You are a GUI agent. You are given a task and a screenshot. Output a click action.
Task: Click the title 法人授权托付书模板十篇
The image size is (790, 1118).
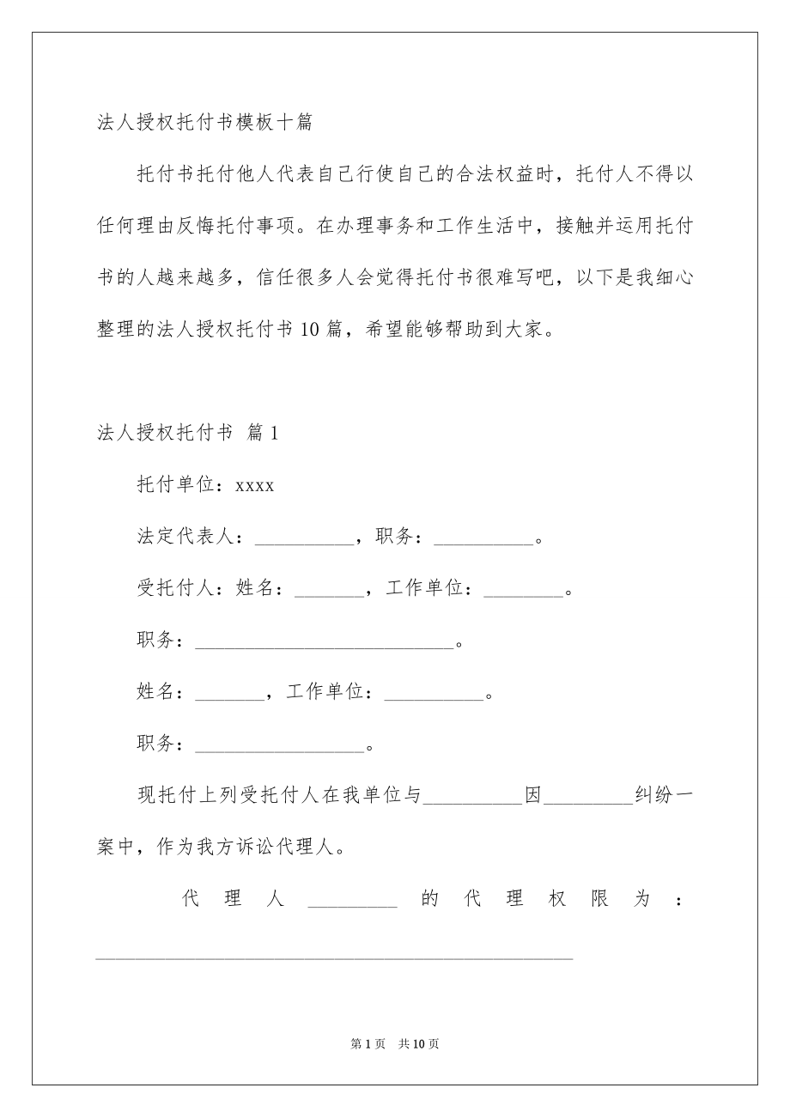pyautogui.click(x=204, y=122)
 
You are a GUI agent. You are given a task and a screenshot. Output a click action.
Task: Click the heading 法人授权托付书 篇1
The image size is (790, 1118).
pyautogui.click(x=188, y=434)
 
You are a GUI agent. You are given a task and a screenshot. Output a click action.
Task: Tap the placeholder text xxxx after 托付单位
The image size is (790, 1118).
pyautogui.click(x=255, y=486)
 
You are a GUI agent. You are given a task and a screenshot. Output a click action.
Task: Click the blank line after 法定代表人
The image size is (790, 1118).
pyautogui.click(x=304, y=540)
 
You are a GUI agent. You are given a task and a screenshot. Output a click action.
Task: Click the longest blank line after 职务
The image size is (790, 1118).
pyautogui.click(x=324, y=643)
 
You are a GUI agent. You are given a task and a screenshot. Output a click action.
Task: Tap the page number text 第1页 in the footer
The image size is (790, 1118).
pyautogui.click(x=367, y=1044)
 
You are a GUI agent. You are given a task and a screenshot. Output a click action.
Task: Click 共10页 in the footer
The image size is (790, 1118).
pyautogui.click(x=419, y=1044)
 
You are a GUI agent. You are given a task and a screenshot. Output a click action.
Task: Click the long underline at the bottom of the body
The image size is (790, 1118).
pyautogui.click(x=334, y=956)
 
